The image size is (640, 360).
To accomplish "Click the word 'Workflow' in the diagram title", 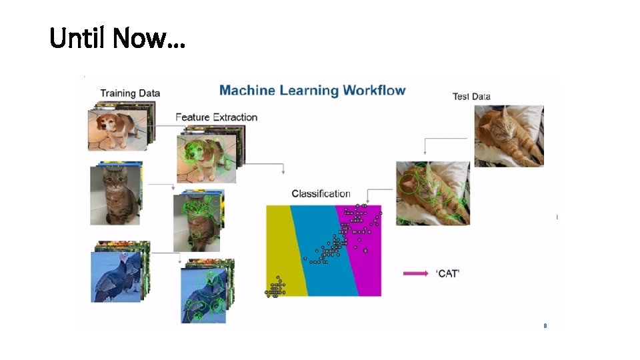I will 373,90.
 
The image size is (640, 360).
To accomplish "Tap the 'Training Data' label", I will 130,93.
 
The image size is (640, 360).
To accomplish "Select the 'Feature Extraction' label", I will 216,117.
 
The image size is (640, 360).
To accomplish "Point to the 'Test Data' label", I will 471,97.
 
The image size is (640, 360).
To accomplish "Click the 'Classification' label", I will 321,194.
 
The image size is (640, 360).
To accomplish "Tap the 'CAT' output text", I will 448,273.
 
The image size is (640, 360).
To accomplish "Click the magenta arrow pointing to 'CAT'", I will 415,273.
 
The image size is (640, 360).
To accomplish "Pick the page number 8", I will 545,326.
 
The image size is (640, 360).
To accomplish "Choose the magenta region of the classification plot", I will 367,267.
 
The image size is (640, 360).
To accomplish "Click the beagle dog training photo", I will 117,130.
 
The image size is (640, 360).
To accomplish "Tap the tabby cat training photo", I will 115,195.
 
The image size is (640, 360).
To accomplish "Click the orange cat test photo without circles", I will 509,136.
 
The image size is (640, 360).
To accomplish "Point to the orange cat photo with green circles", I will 432,193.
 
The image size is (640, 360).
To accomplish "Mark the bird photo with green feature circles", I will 204,296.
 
